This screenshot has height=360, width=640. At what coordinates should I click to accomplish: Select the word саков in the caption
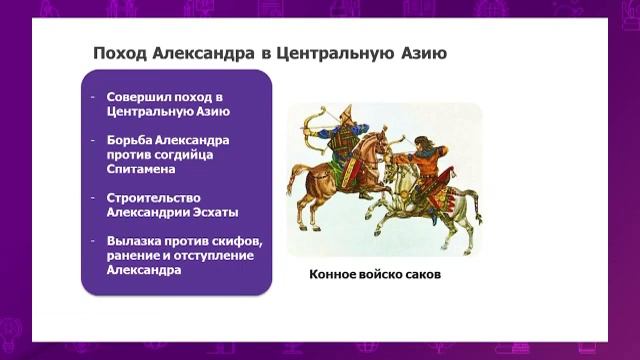point(420,273)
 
